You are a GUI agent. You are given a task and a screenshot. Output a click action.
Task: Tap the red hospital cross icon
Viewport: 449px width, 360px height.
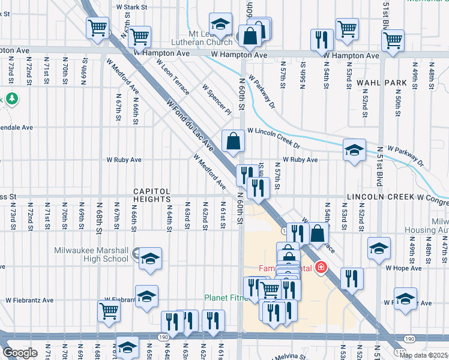pos(321,268)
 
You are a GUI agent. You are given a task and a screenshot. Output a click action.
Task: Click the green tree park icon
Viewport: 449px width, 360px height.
pos(11,98)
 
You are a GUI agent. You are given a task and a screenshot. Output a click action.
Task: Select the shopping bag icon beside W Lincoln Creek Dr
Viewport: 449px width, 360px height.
pos(233,142)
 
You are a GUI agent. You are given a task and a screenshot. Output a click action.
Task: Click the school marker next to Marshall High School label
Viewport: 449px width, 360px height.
pos(150,259)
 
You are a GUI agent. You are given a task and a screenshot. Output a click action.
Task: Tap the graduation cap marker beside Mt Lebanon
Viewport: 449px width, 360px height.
pos(220,24)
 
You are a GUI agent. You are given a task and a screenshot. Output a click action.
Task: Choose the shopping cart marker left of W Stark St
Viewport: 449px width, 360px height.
pos(97,28)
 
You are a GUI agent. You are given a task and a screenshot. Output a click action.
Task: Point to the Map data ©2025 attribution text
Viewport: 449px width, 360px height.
pos(422,355)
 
